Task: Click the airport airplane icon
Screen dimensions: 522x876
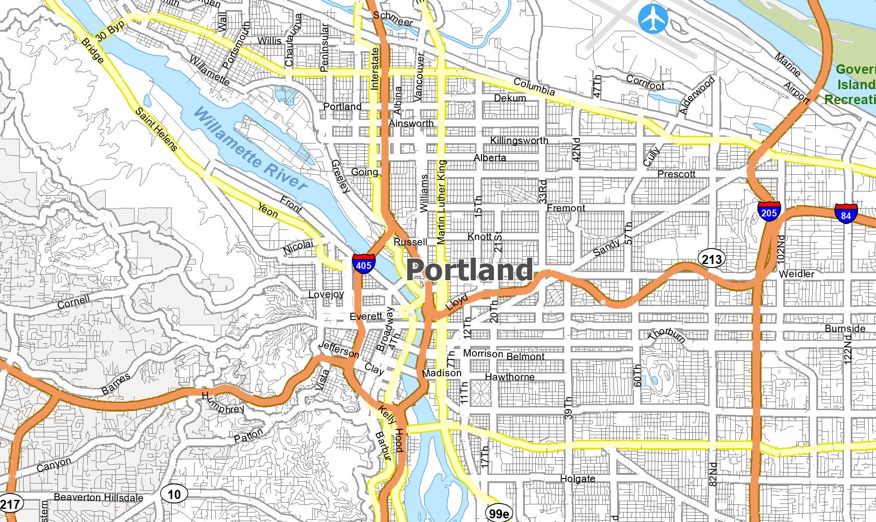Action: point(653,19)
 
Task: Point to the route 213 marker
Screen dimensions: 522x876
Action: point(712,259)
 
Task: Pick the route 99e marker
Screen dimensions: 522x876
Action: point(499,513)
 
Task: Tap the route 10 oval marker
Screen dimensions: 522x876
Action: point(174,494)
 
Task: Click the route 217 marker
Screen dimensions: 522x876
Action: point(10,504)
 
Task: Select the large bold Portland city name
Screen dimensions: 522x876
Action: point(469,270)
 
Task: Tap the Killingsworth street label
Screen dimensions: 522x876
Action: point(519,140)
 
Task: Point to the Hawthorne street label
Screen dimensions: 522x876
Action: point(509,377)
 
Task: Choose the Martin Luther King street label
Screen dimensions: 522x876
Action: point(441,202)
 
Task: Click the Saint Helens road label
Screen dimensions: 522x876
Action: point(157,129)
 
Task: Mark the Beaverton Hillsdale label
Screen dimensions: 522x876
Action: point(98,497)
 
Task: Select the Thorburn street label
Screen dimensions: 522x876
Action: point(667,335)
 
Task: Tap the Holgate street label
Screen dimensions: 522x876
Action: point(577,479)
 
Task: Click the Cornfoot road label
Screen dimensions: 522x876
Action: point(645,82)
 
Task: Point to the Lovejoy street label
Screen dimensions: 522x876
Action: point(326,294)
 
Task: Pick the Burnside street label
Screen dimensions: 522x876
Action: point(845,328)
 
